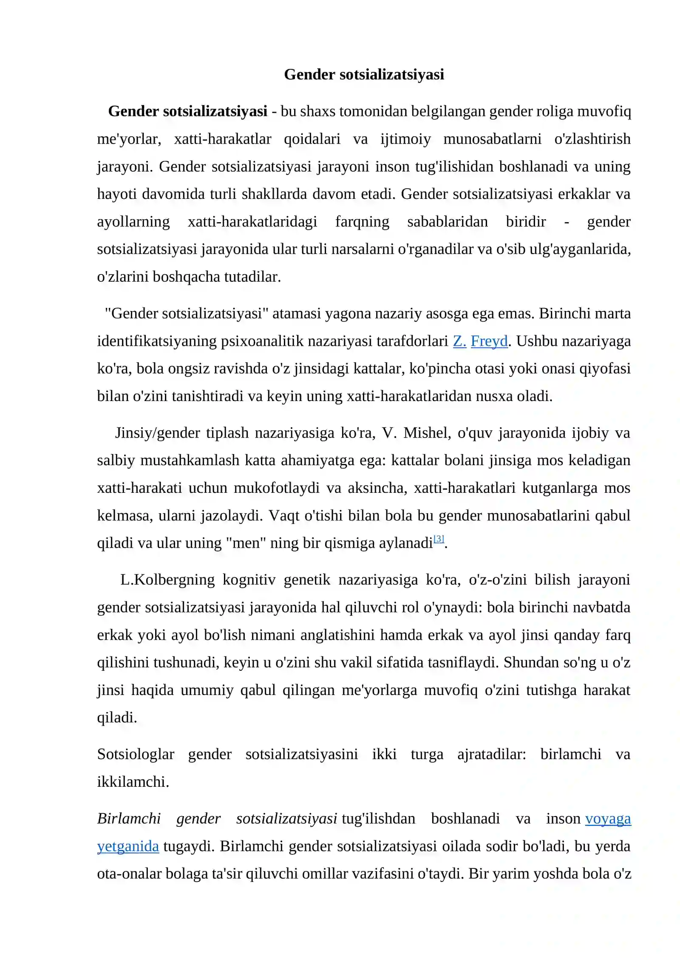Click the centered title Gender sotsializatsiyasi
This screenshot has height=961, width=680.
point(364,74)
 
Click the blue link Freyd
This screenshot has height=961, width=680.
point(489,341)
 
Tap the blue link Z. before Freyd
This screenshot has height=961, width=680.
point(459,341)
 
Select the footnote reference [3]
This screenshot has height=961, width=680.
point(439,539)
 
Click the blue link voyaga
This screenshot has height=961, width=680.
point(608,818)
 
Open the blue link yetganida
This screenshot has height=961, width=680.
point(128,846)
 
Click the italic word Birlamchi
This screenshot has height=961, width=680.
point(129,818)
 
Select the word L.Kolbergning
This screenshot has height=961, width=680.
point(167,579)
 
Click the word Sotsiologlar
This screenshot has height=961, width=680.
point(136,754)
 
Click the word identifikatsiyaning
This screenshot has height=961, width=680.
point(157,341)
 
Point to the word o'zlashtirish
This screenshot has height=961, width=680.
point(592,139)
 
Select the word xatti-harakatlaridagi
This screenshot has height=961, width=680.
point(252,222)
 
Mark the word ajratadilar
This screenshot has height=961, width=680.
point(491,754)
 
